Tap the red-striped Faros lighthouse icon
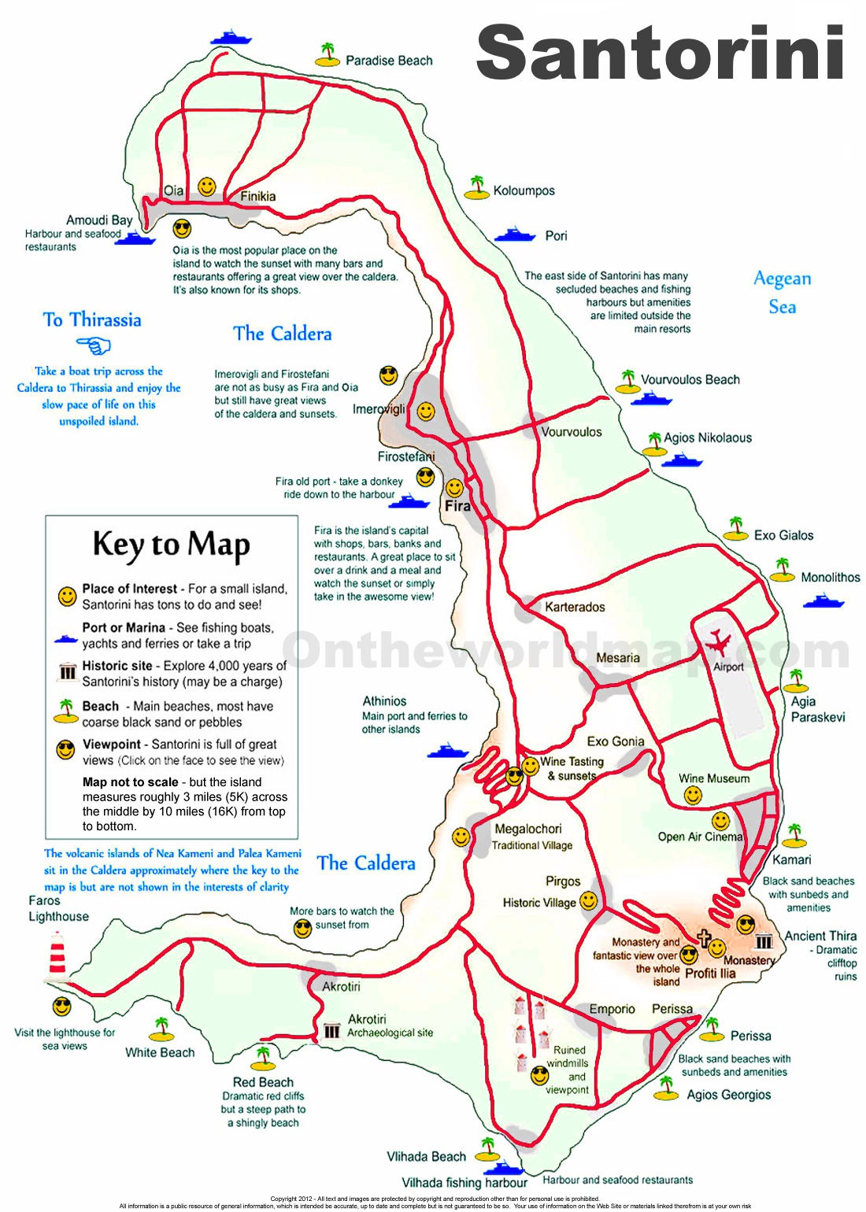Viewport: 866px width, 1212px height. coord(57,954)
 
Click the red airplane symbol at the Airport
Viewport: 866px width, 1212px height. coord(717,643)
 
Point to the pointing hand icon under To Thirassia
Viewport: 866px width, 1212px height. coord(94,345)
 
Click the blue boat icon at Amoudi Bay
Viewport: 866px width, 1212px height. coord(136,238)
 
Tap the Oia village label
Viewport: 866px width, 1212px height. coord(173,190)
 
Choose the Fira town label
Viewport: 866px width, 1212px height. coord(457,506)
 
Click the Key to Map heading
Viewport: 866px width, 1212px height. coord(171,545)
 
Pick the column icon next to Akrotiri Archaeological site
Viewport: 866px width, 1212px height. coord(332,1030)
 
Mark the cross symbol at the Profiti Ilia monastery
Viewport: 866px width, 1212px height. coord(704,938)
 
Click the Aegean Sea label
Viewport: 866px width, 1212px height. coord(782,292)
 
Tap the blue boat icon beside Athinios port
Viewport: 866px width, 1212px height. coord(447,750)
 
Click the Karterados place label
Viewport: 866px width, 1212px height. coord(575,607)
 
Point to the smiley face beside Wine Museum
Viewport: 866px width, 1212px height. coord(693,796)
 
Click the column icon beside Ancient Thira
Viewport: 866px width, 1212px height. coord(764,941)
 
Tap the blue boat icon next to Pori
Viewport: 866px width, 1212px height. coord(515,235)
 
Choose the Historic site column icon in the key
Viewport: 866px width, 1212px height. coord(68,673)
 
